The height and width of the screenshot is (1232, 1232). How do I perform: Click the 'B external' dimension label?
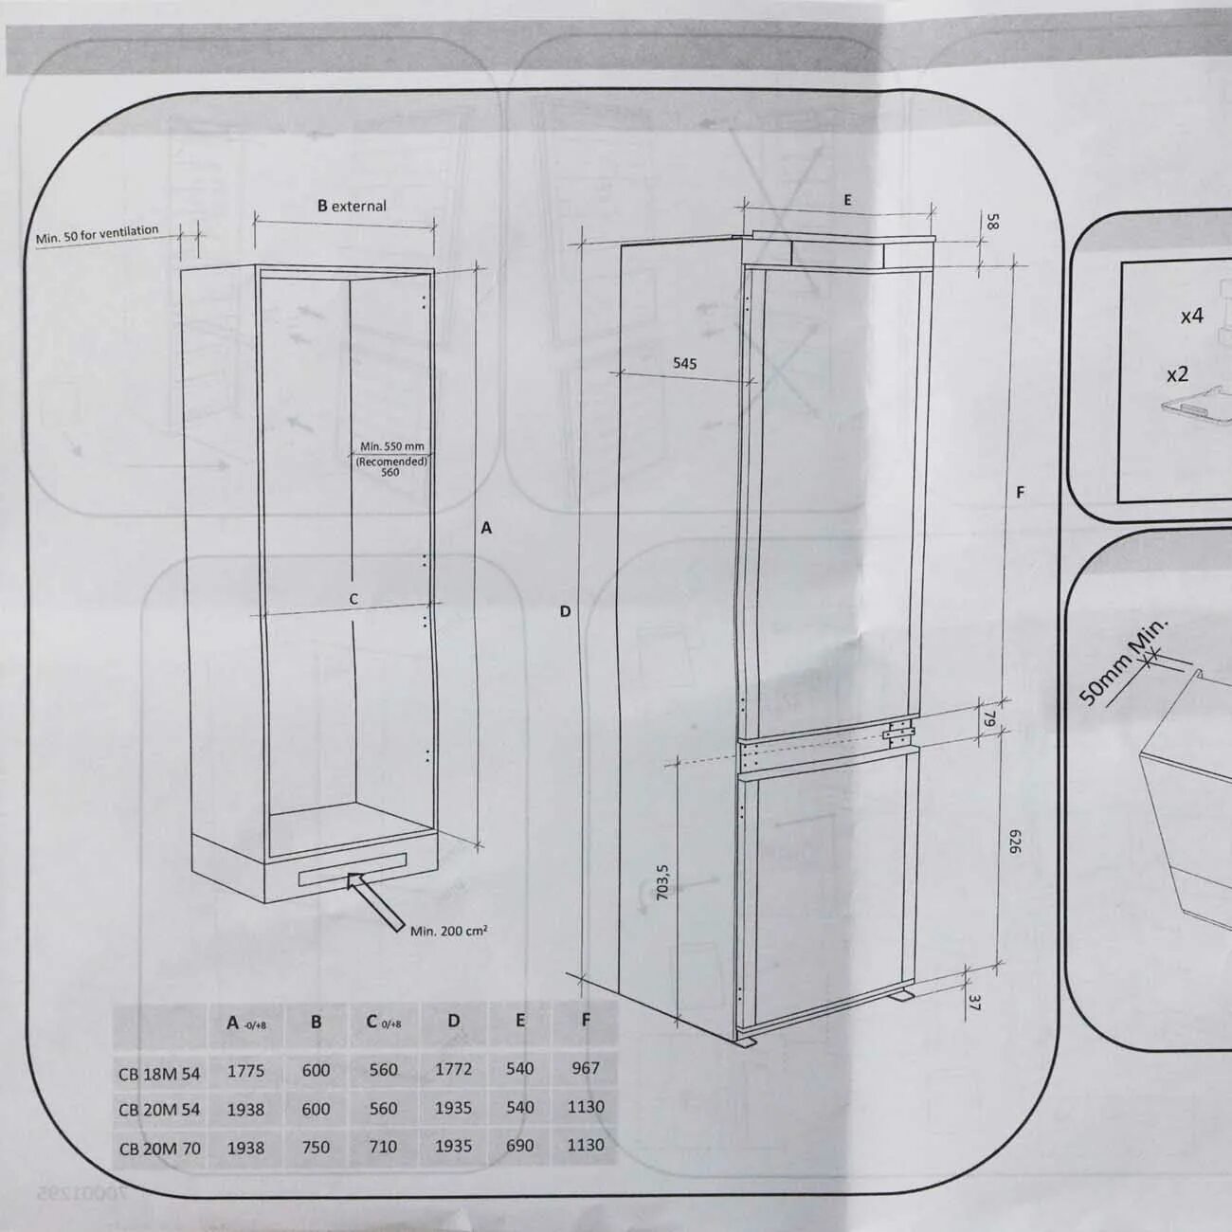(352, 206)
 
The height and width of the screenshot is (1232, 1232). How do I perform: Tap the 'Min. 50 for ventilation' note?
(98, 235)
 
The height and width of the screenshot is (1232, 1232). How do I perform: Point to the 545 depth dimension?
(684, 363)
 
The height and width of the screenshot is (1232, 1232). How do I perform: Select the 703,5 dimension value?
(662, 882)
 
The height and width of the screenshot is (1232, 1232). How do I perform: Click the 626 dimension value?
(1015, 842)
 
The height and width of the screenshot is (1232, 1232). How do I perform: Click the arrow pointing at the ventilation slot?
(375, 901)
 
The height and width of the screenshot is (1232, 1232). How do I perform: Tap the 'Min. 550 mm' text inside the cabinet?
(392, 446)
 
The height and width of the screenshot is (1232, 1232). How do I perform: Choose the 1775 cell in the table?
(245, 1070)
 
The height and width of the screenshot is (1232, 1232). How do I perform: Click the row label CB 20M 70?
(159, 1149)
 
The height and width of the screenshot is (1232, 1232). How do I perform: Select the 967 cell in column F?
(586, 1068)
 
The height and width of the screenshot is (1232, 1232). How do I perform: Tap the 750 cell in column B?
(316, 1147)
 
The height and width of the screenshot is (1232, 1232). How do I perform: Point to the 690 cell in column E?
(519, 1145)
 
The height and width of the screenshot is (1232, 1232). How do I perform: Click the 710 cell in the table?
(383, 1147)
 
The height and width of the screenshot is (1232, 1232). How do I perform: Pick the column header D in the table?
(453, 1021)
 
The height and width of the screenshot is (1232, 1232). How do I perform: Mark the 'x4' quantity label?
(1191, 316)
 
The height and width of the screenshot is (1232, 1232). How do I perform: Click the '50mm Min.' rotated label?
(1123, 662)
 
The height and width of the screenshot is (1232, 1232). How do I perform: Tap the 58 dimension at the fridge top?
(991, 221)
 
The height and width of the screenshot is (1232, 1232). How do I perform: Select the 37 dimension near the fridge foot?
(973, 1003)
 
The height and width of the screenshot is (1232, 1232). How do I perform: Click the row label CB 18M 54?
(159, 1074)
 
